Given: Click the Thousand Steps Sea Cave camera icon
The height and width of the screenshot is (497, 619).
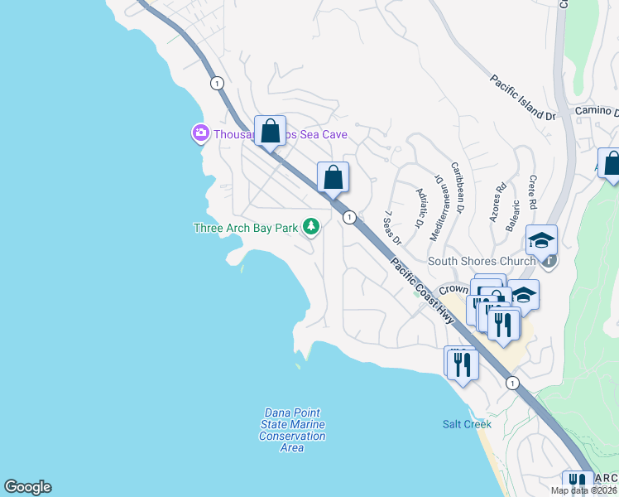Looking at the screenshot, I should coord(199,133).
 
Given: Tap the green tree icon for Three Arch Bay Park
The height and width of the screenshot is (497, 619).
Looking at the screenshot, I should coord(311,226).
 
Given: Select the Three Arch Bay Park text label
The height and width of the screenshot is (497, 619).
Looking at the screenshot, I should coord(246,228).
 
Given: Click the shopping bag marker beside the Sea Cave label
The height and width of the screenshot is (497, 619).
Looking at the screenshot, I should coord(270,131).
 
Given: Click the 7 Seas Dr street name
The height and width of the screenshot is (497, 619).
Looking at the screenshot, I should coord(391,228).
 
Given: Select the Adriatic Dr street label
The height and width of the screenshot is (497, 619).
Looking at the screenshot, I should coord(420,208).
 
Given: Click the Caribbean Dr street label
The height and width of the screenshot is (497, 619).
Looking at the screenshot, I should coord(458,186).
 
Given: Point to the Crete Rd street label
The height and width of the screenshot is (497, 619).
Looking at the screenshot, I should coord(533,192).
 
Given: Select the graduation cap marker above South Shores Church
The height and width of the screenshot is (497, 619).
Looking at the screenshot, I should coord(541,240).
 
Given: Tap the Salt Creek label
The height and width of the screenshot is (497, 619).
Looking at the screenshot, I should coord(467,424).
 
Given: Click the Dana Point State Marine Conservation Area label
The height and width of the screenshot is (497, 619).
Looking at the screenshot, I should coord(292,430).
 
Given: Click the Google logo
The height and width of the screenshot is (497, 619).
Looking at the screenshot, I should coord(27,487).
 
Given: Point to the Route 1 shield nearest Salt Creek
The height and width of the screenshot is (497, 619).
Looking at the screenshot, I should coord(512,383).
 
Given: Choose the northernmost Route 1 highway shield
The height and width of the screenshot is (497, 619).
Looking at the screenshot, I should coord(217,83).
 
